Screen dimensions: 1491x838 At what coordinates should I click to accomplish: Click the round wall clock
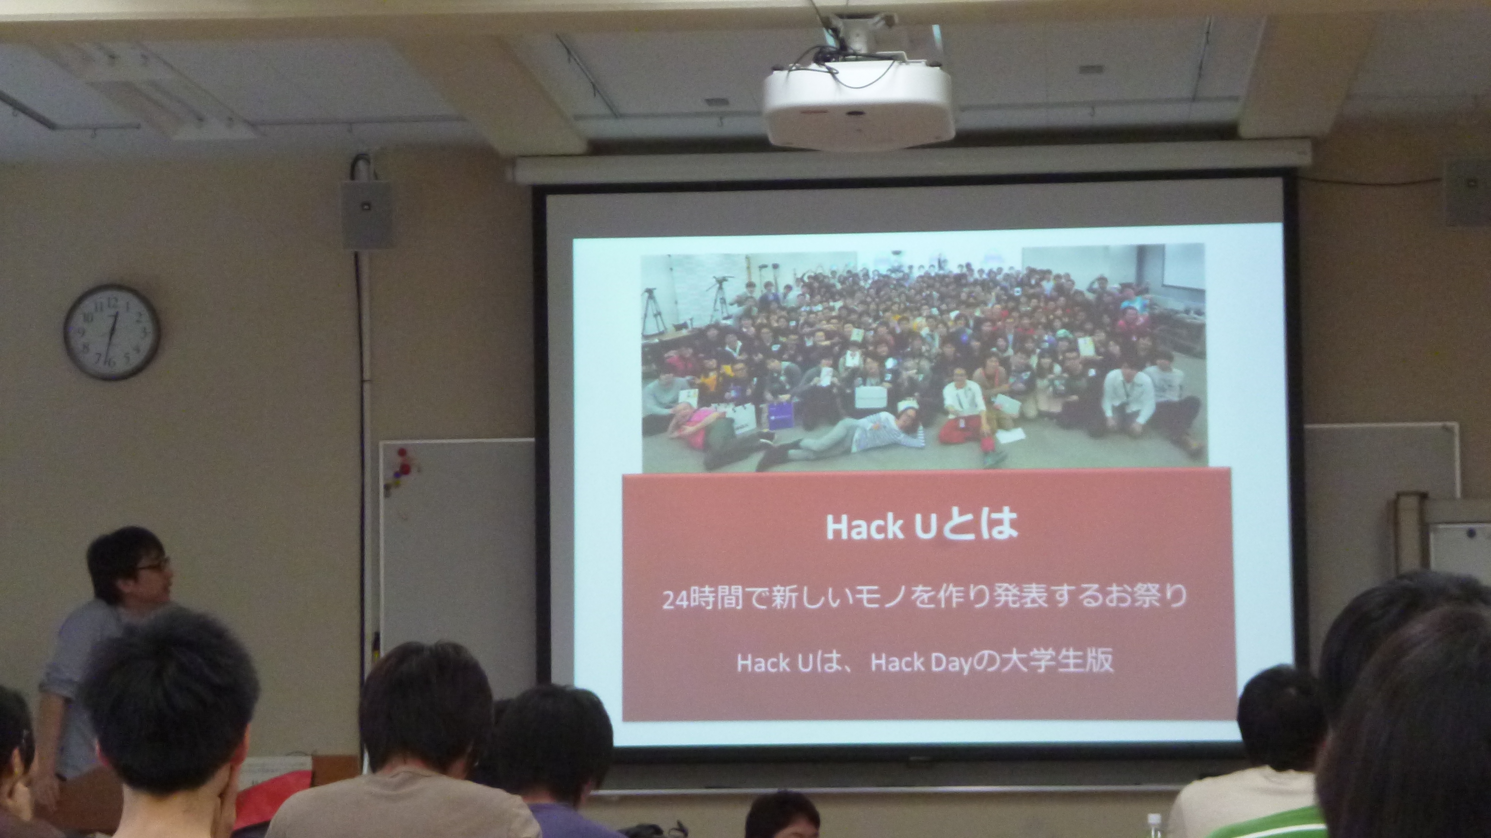pos(112,332)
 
